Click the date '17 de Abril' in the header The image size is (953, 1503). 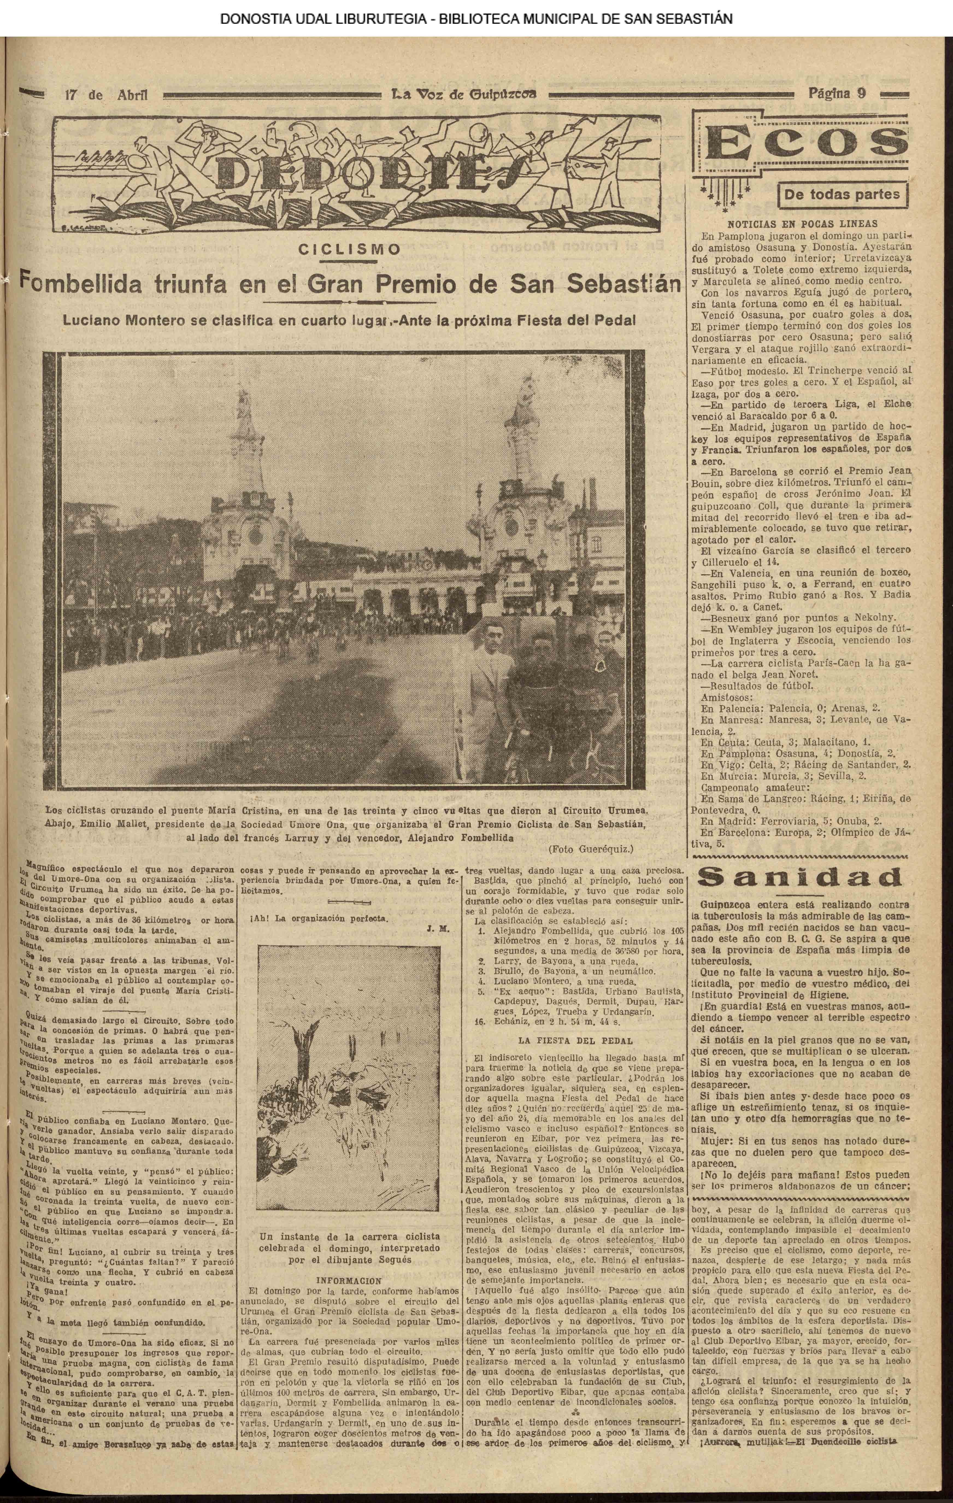point(106,95)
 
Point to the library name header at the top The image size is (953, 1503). point(476,19)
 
